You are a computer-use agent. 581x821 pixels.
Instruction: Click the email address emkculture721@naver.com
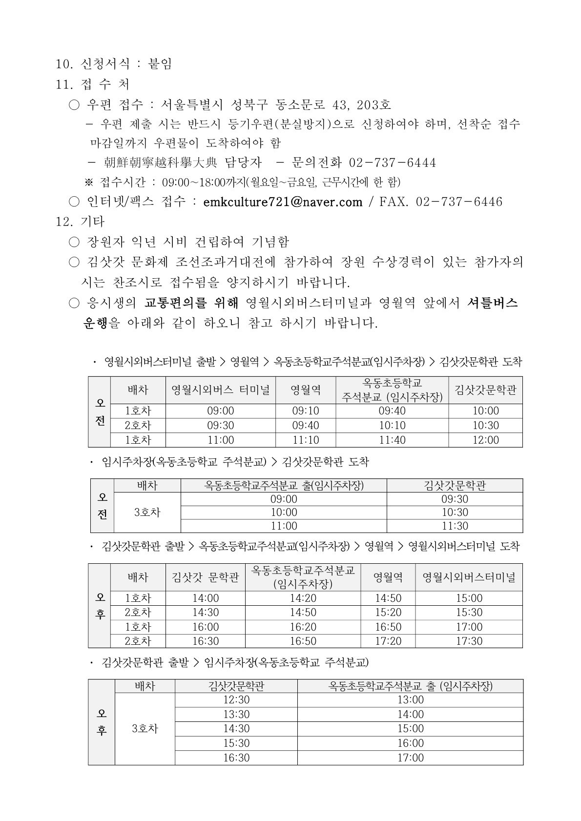pos(283,202)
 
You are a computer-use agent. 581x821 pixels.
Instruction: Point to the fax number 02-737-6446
pos(459,202)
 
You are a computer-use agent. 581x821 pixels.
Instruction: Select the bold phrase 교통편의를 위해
pos(191,303)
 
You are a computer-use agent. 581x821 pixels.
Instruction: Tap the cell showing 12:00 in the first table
pos(485,440)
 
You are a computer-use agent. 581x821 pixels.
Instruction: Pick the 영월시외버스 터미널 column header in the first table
pos(221,390)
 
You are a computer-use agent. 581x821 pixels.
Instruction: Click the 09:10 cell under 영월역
pos(306,411)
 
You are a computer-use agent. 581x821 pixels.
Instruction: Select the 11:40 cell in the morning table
pos(392,440)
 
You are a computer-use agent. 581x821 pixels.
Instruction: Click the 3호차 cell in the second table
pos(147,512)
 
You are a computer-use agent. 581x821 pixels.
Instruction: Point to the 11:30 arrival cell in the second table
pos(455,526)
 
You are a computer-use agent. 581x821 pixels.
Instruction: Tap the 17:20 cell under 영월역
pos(388,641)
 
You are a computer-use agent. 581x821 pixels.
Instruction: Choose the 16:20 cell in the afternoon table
pos(303,627)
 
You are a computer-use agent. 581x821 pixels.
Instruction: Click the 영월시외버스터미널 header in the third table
pos(469,577)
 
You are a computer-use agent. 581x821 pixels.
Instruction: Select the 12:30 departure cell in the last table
pos(236,700)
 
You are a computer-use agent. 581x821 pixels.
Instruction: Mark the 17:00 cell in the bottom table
pos(410,758)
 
